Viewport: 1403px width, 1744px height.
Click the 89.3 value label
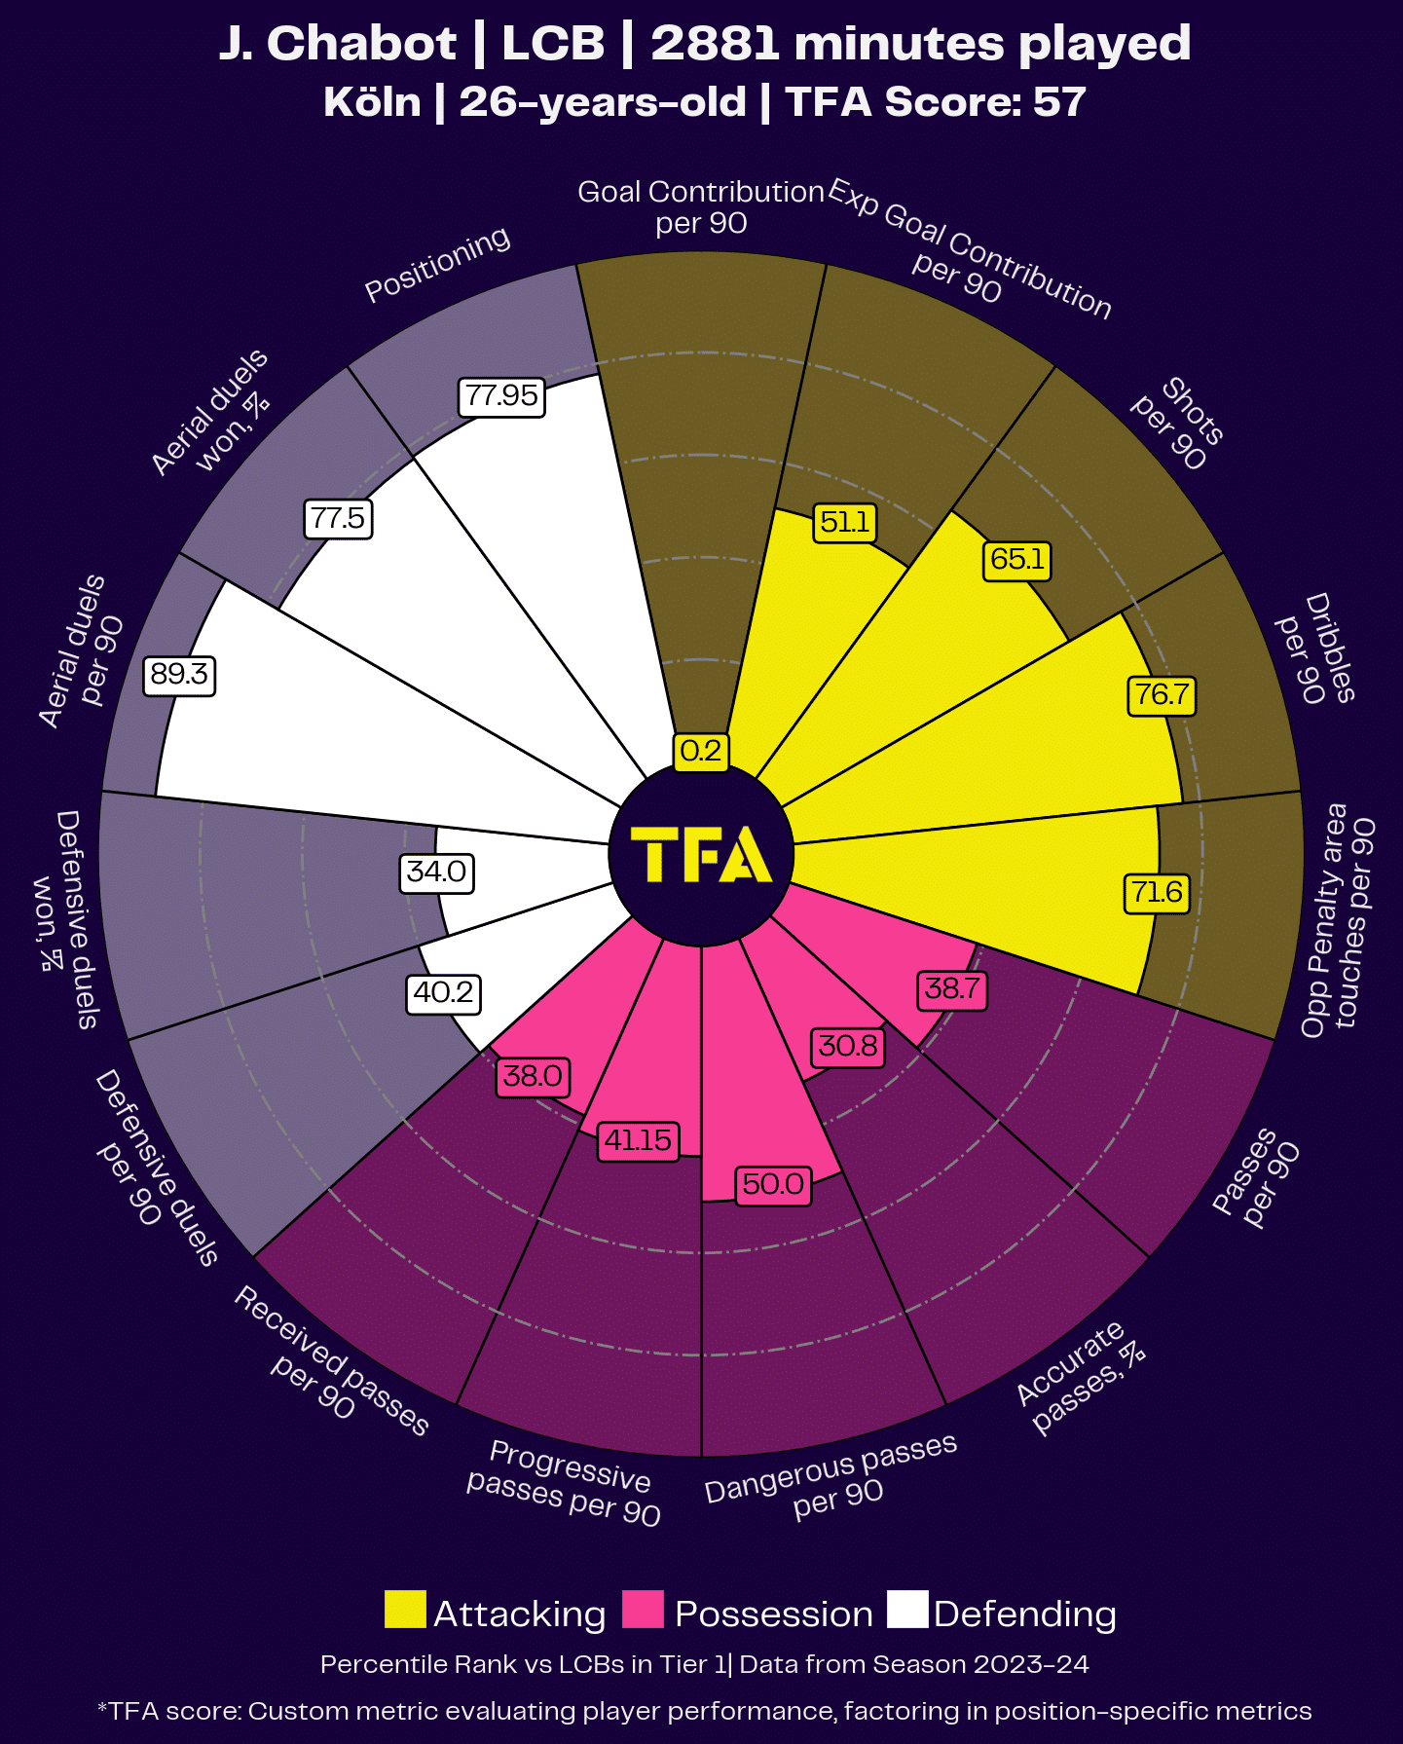point(179,675)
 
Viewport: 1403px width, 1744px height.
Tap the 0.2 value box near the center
point(701,751)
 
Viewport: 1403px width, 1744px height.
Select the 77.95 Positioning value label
point(501,395)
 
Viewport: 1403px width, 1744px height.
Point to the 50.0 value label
point(773,1184)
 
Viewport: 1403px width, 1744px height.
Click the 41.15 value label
point(638,1139)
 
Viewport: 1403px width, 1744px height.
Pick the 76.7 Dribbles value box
point(1162,694)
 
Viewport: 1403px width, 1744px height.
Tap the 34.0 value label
point(437,871)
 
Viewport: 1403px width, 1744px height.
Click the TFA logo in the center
point(701,855)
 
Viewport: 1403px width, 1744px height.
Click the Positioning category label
point(437,264)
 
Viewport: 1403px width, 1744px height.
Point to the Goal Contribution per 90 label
point(701,206)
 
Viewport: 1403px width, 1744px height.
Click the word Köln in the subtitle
point(372,102)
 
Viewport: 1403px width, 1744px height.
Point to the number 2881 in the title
point(716,44)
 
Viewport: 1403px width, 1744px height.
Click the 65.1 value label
point(1016,559)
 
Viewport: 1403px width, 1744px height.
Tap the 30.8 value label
point(848,1046)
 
